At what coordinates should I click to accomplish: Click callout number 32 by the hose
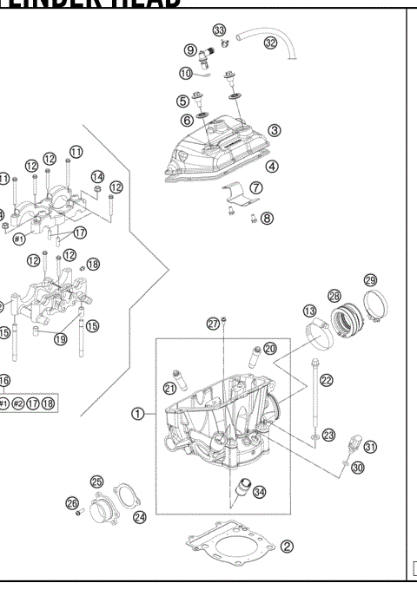point(272,43)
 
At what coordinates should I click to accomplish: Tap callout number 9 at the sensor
point(190,49)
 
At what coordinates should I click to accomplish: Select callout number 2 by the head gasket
point(288,547)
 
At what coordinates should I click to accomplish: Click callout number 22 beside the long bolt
point(326,379)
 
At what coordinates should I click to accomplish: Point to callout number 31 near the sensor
point(371,447)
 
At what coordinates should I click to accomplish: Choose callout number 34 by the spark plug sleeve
point(260,491)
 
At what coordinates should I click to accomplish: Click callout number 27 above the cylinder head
point(212,323)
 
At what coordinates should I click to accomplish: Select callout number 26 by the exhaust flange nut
point(72,502)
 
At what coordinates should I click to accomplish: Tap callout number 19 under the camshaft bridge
point(60,339)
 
